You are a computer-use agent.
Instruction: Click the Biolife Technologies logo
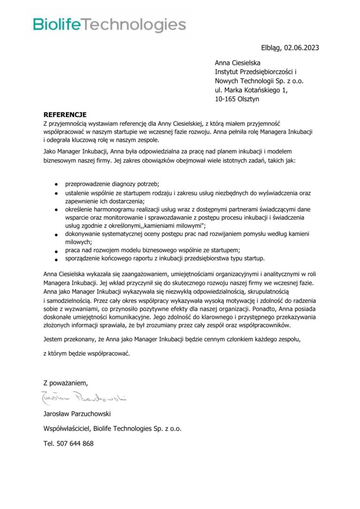109,25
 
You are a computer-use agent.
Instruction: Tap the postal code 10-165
225,99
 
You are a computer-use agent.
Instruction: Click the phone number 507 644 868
75,443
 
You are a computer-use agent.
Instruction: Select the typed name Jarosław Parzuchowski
77,413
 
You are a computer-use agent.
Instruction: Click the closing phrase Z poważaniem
65,383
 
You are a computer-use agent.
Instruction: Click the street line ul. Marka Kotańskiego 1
251,90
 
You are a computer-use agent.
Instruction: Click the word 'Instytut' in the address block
226,72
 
